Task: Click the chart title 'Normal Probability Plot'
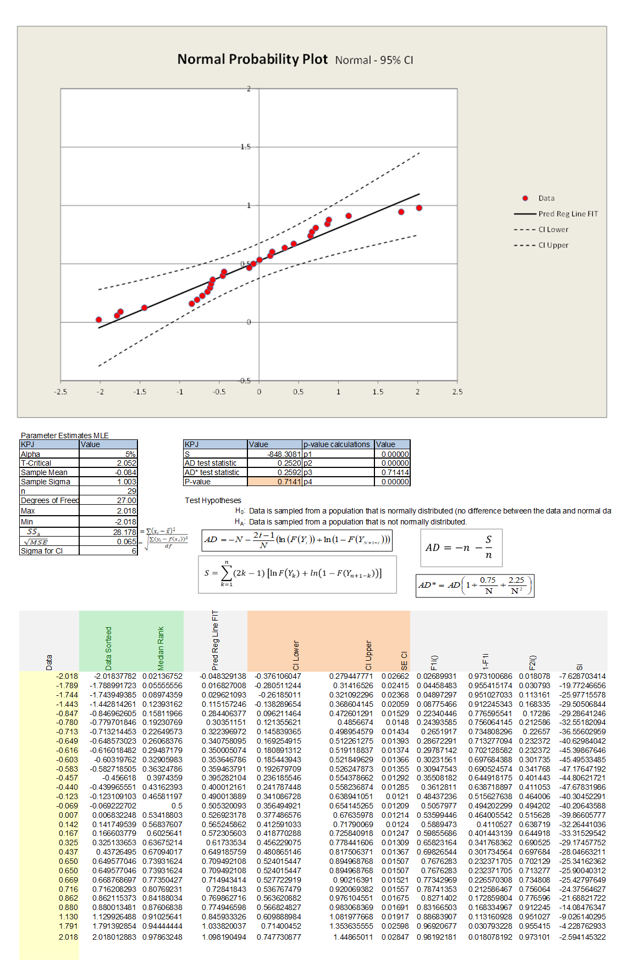252,59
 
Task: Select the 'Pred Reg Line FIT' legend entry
567,214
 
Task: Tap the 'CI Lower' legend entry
553,230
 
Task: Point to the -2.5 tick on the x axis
60,392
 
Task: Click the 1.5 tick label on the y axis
245,147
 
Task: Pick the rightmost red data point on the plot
419,208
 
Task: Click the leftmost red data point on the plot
99,320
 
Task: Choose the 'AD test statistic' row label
211,464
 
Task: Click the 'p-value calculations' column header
337,444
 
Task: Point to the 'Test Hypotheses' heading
213,500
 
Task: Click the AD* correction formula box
475,585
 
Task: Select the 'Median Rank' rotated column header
161,648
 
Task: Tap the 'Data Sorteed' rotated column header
108,648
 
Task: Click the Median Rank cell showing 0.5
176,806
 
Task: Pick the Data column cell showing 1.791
68,926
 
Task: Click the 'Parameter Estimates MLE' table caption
65,436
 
